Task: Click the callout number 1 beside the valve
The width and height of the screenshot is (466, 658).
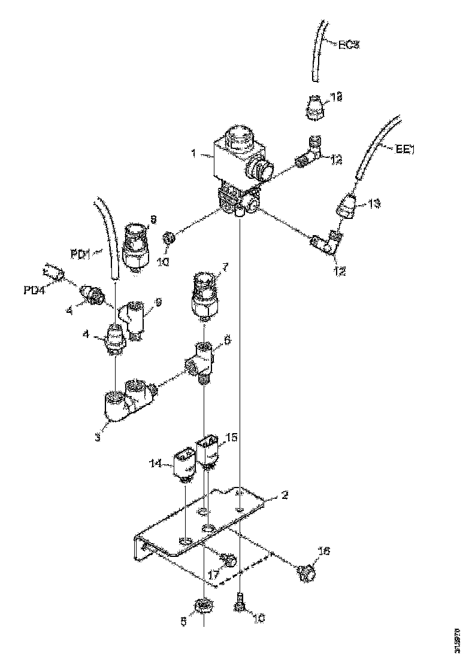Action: [x=193, y=153]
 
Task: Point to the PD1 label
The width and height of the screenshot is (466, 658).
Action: [x=80, y=255]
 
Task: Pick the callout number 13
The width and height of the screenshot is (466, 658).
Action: [x=373, y=204]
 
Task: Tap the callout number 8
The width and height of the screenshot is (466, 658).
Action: [x=153, y=220]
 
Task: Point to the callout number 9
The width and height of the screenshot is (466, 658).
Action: [x=158, y=303]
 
